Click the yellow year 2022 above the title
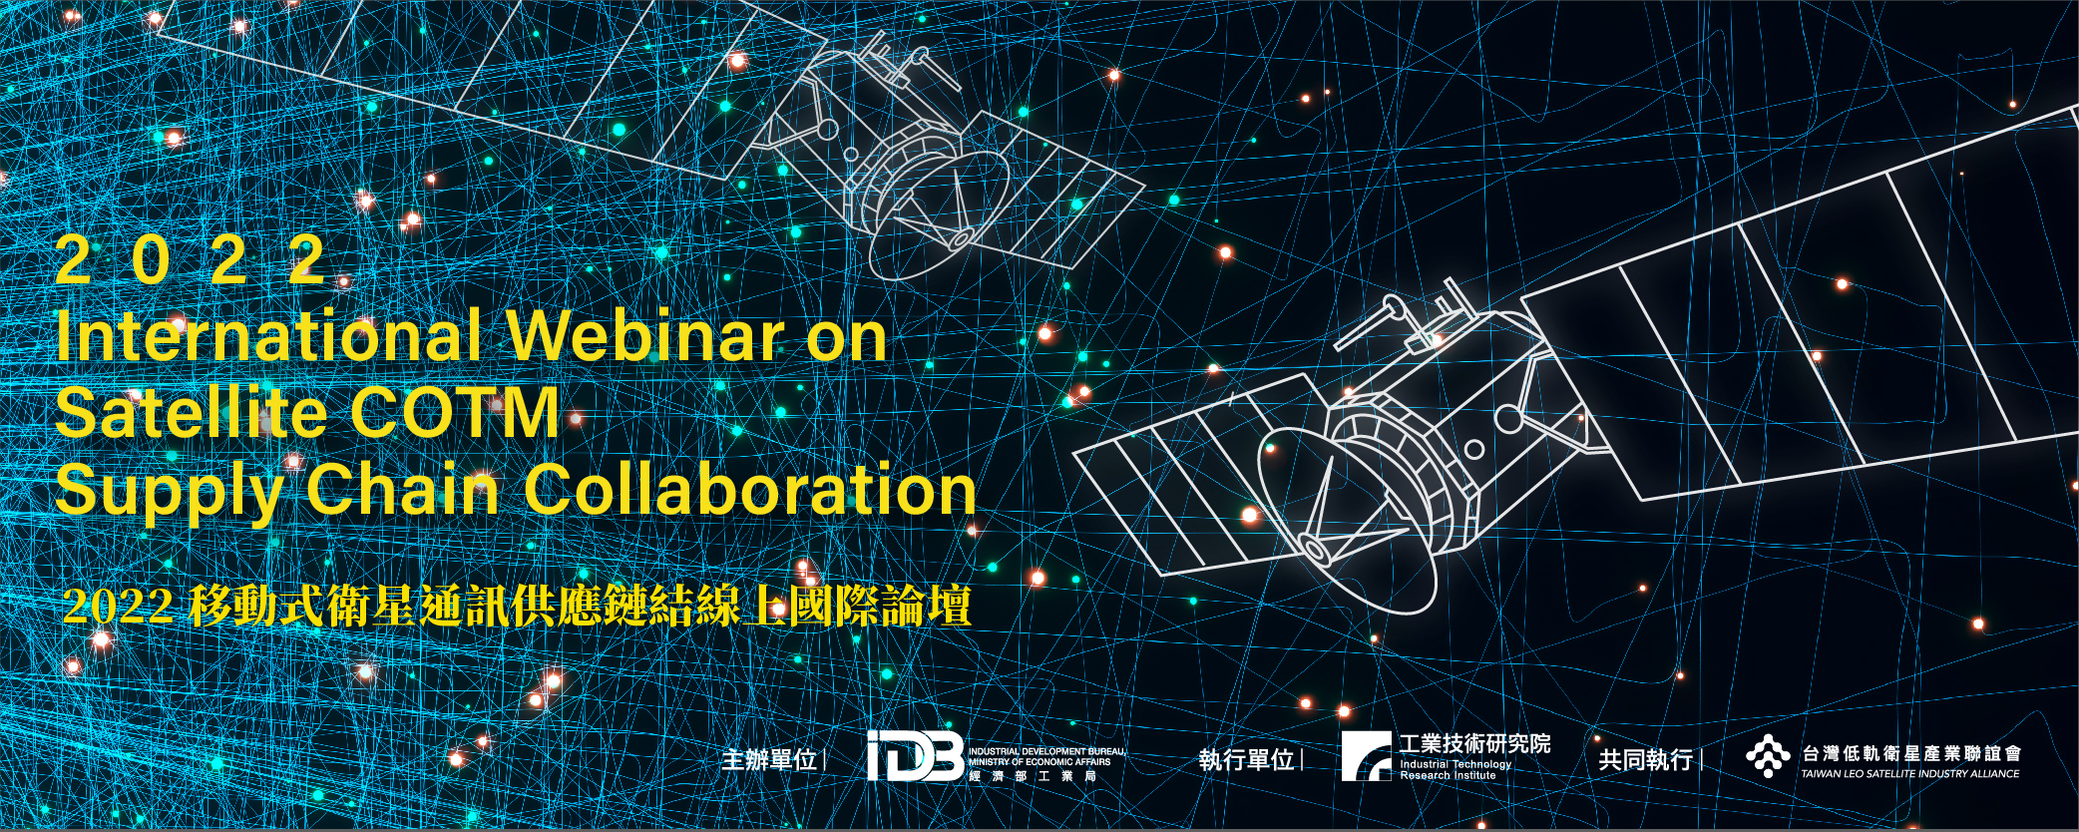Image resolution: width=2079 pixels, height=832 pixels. tap(191, 260)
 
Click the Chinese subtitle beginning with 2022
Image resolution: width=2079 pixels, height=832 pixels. tap(517, 606)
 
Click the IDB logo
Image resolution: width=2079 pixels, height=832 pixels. tap(915, 756)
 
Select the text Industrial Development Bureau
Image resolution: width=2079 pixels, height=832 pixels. tap(1046, 751)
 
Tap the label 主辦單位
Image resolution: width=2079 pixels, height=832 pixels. tap(769, 760)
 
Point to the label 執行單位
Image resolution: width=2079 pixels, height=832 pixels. tap(1247, 760)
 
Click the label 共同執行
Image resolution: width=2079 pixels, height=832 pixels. tap(1646, 760)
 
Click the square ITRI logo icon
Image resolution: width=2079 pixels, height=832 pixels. tap(1366, 755)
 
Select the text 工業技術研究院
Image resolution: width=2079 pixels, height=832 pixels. tap(1474, 743)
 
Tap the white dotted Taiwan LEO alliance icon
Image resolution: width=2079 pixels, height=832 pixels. tap(1768, 756)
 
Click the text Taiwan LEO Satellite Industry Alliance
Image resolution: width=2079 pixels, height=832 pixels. tap(1909, 773)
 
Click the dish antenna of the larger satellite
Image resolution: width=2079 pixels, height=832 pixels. tap(1347, 519)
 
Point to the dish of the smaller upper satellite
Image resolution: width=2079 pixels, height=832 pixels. tap(938, 214)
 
